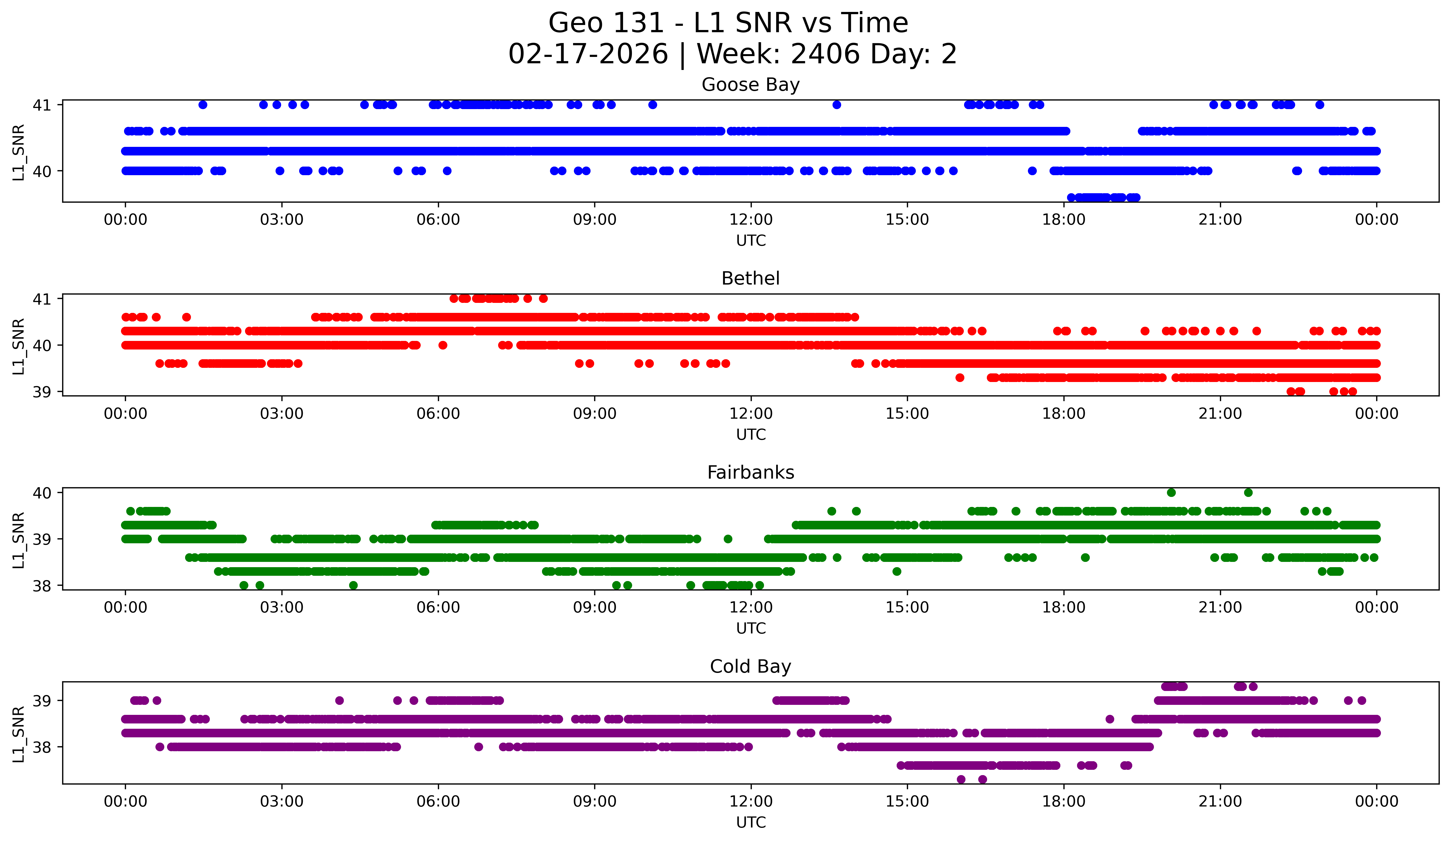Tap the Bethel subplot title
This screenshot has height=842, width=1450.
pyautogui.click(x=750, y=278)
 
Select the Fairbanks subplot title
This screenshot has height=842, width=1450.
pyautogui.click(x=750, y=472)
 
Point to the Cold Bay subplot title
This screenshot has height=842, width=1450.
pyautogui.click(x=750, y=667)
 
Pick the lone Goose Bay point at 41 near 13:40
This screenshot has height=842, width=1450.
pyautogui.click(x=837, y=105)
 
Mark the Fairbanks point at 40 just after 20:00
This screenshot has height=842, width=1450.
pyautogui.click(x=1171, y=493)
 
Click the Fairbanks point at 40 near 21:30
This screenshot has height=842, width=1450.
pyautogui.click(x=1248, y=493)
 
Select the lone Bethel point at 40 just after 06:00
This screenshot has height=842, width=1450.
pyautogui.click(x=442, y=345)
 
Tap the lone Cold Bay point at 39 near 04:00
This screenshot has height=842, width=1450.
pyautogui.click(x=339, y=700)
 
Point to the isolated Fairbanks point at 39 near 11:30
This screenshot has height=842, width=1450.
pyautogui.click(x=728, y=539)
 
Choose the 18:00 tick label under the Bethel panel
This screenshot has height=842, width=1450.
pyautogui.click(x=1063, y=414)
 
